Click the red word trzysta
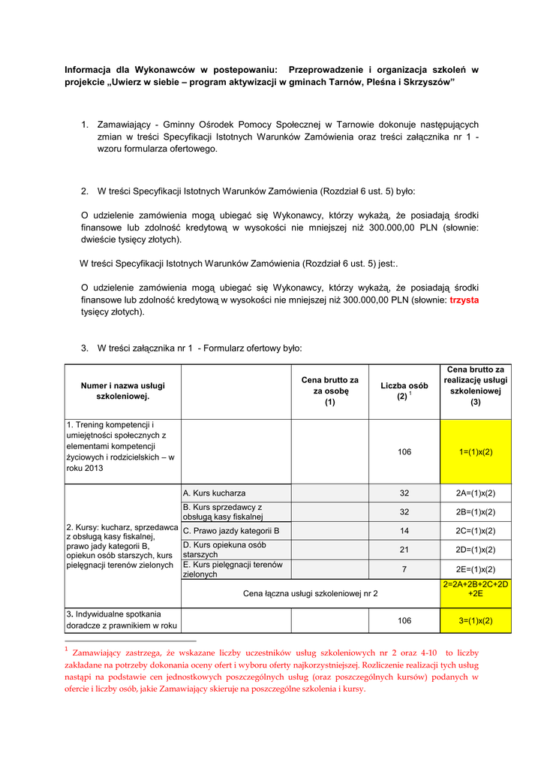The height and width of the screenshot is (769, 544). (464, 300)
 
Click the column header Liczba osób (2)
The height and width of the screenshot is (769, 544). (404, 391)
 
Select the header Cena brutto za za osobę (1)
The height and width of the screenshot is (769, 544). (330, 391)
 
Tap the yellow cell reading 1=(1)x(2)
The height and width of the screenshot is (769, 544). (476, 452)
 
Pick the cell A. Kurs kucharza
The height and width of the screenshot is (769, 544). (215, 493)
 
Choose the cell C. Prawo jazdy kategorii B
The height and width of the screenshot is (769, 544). (231, 531)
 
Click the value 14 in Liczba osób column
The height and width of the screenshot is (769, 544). (404, 531)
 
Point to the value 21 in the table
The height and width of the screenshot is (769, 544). (404, 550)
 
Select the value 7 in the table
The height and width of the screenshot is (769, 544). (404, 569)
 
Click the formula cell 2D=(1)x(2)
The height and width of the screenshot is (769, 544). (476, 550)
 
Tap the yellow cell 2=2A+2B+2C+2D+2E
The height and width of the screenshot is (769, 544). (476, 588)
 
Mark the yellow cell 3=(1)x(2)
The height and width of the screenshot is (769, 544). (476, 620)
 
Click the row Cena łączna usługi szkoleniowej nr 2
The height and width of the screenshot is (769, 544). (311, 593)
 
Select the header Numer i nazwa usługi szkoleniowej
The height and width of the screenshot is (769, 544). (123, 391)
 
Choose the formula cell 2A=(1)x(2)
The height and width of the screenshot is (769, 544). (476, 493)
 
